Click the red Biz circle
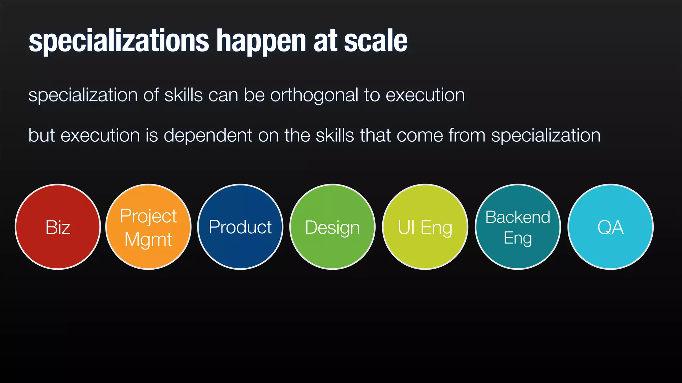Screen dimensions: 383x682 [x=58, y=227]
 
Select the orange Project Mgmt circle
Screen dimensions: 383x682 [x=148, y=227]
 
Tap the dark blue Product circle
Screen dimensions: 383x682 [x=240, y=227]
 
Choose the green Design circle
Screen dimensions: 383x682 [x=332, y=227]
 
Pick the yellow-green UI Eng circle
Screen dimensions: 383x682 [x=425, y=227]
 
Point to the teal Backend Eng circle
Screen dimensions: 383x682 [x=518, y=227]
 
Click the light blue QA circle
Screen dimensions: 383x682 [x=610, y=227]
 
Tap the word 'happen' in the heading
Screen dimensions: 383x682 [x=261, y=41]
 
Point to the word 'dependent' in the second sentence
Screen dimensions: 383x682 [x=208, y=136]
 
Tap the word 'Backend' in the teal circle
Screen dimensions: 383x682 [x=518, y=217]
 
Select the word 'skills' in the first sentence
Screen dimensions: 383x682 [x=183, y=95]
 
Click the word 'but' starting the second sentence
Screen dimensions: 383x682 [x=42, y=135]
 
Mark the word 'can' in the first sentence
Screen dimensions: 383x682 [x=223, y=95]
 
